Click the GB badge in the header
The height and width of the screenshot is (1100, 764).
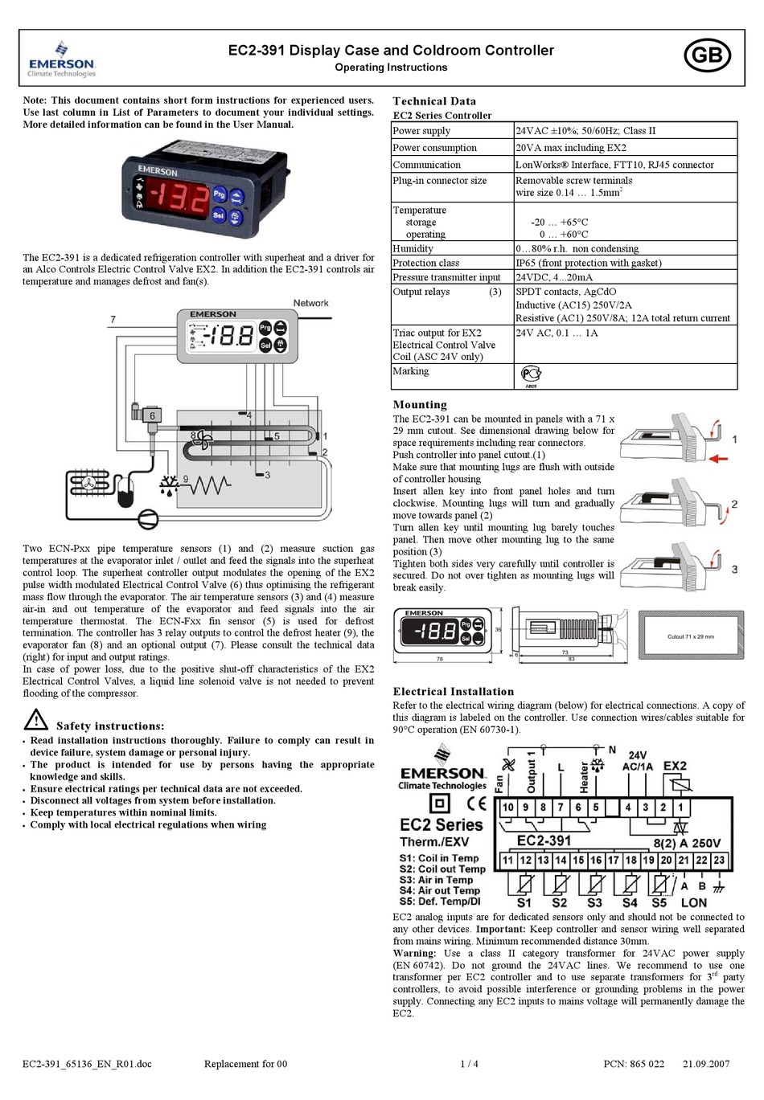pyautogui.click(x=707, y=55)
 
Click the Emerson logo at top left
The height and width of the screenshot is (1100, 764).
pyautogui.click(x=61, y=60)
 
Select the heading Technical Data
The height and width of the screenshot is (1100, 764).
pyautogui.click(x=434, y=101)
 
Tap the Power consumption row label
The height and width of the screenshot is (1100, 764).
pyautogui.click(x=434, y=148)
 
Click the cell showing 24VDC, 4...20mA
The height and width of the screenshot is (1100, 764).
pyautogui.click(x=554, y=277)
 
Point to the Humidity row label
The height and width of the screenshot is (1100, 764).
pyautogui.click(x=413, y=249)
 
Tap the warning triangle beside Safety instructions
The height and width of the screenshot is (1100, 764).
pyautogui.click(x=36, y=719)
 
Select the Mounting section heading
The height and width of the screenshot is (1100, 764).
pyautogui.click(x=420, y=405)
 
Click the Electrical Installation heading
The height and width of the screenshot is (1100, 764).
pyautogui.click(x=453, y=691)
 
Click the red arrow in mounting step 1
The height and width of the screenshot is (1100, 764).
pyautogui.click(x=719, y=458)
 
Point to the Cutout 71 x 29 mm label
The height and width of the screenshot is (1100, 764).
pyautogui.click(x=691, y=636)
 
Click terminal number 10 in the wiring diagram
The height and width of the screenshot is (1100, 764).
pyautogui.click(x=508, y=808)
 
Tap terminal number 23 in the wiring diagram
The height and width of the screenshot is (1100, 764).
pyautogui.click(x=718, y=860)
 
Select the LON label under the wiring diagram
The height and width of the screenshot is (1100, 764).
pyautogui.click(x=694, y=902)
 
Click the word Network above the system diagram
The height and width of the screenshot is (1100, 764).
pyautogui.click(x=310, y=303)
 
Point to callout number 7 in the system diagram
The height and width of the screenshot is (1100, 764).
pyautogui.click(x=113, y=320)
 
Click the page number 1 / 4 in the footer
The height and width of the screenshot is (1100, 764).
pyautogui.click(x=469, y=1064)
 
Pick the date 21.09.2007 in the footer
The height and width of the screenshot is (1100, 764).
pyautogui.click(x=706, y=1064)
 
